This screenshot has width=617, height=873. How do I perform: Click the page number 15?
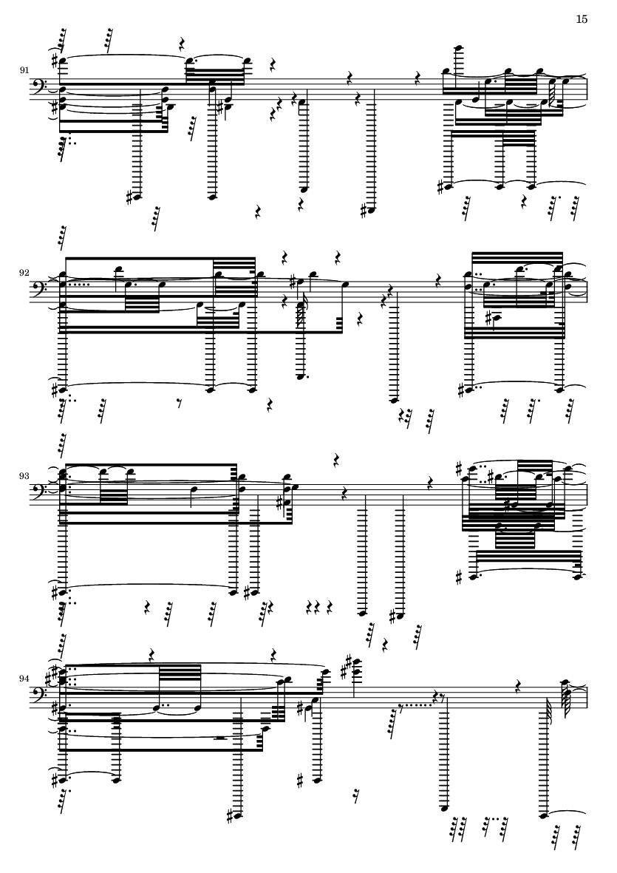(582, 19)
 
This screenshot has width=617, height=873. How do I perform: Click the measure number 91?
(24, 69)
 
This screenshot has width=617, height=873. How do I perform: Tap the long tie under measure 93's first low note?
(148, 585)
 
